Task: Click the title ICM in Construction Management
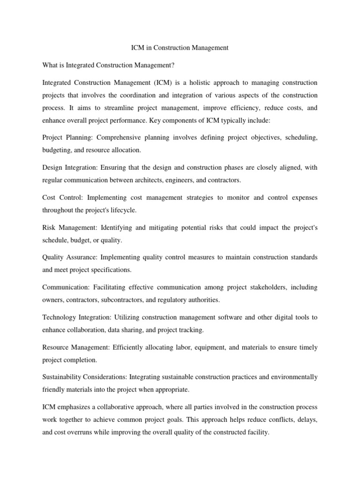pos(180,48)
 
